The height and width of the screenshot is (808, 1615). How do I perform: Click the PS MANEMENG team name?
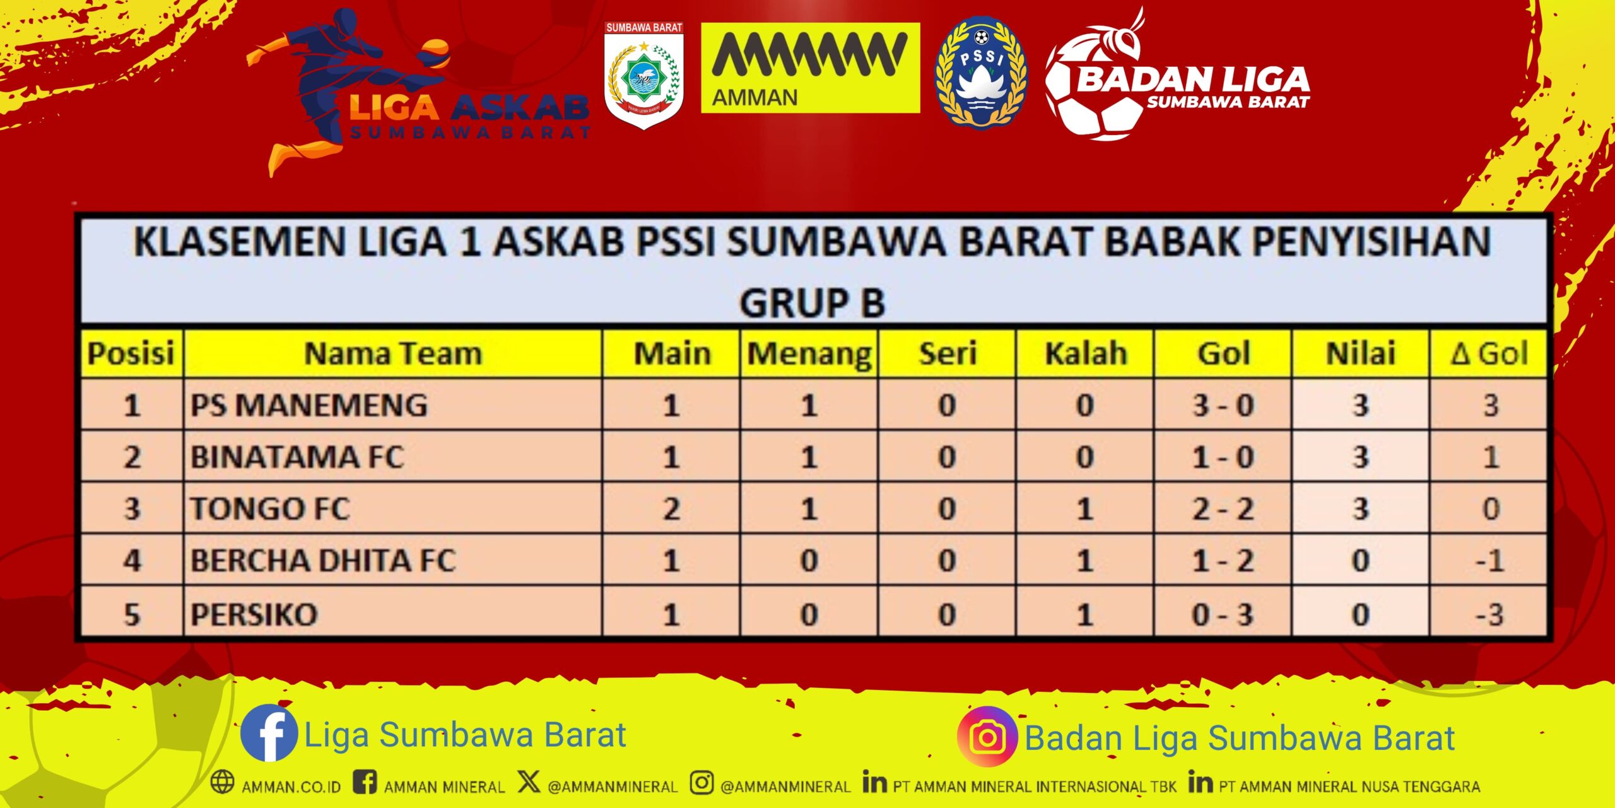tap(309, 405)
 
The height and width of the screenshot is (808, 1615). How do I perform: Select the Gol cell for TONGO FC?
tap(1223, 509)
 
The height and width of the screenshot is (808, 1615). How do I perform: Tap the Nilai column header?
tap(1361, 353)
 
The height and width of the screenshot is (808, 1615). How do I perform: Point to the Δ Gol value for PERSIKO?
tap(1490, 614)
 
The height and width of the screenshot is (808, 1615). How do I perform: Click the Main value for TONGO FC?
tap(671, 509)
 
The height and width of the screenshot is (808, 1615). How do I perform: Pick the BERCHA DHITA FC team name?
tap(322, 561)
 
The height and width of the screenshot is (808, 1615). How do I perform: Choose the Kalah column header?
tap(1086, 353)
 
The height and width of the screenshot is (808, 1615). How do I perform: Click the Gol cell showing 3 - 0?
tap(1223, 405)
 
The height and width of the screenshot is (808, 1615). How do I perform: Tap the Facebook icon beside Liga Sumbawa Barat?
tap(269, 734)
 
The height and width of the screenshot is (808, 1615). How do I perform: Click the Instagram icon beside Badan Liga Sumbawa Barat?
tap(987, 736)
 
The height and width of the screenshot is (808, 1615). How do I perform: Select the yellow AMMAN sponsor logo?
tap(811, 68)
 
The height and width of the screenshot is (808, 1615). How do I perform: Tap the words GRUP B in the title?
tap(813, 303)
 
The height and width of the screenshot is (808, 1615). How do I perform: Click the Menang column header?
tap(809, 354)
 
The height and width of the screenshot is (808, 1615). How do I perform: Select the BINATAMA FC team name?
tap(297, 457)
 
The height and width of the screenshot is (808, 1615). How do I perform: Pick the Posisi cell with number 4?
tap(132, 561)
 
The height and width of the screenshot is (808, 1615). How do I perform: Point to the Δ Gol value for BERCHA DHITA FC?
tap(1490, 561)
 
